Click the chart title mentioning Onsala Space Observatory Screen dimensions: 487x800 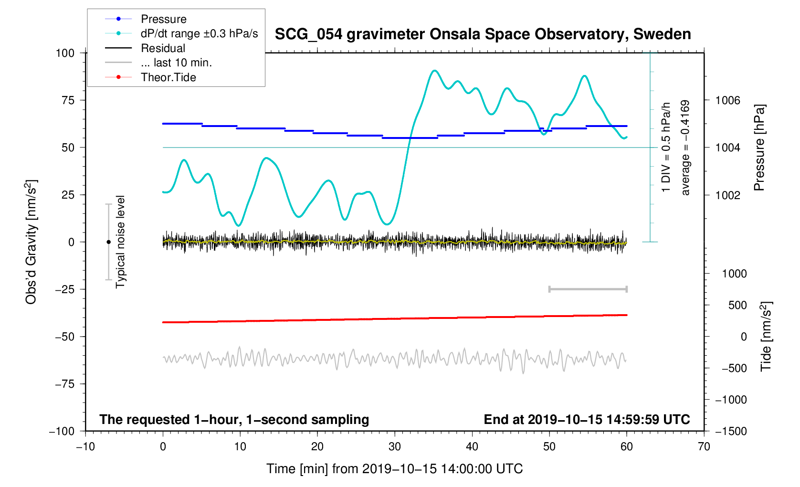point(483,34)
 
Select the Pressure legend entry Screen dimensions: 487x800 point(163,19)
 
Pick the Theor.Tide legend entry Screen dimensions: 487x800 point(168,77)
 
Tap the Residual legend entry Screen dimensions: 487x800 point(163,48)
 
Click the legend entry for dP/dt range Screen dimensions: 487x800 point(199,33)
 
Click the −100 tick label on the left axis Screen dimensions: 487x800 point(62,431)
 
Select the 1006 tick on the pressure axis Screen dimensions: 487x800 point(727,100)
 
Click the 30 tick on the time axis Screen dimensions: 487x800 point(395,447)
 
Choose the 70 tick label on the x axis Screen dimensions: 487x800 point(704,447)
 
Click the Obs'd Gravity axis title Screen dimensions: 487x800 point(31,242)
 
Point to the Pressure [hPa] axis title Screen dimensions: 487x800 point(759,148)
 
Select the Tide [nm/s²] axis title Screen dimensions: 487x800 point(766,337)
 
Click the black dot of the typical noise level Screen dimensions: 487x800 point(108,242)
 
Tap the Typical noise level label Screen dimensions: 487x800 point(120,242)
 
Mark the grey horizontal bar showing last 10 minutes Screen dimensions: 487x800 point(588,289)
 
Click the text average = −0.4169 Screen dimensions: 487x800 point(685,148)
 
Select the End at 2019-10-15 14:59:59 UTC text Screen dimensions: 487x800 point(587,420)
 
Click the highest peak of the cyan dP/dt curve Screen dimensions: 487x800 point(434,71)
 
